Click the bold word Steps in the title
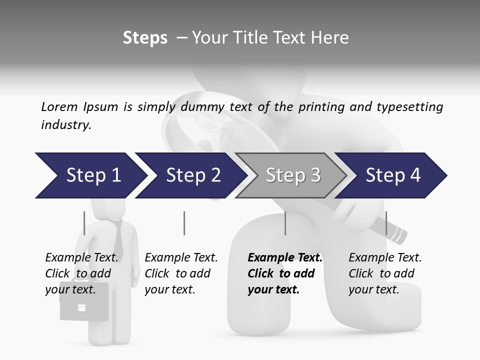click(x=145, y=38)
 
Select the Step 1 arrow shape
click(x=90, y=175)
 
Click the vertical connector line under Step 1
click(x=84, y=223)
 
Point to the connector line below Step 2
click(x=184, y=223)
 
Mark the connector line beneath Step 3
click(x=285, y=223)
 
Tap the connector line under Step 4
click(x=386, y=223)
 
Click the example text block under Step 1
click(x=81, y=273)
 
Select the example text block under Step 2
click(x=180, y=273)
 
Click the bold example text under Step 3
click(x=284, y=273)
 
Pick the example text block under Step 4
click(x=384, y=273)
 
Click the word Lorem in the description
click(x=59, y=106)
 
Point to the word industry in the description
click(x=65, y=125)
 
